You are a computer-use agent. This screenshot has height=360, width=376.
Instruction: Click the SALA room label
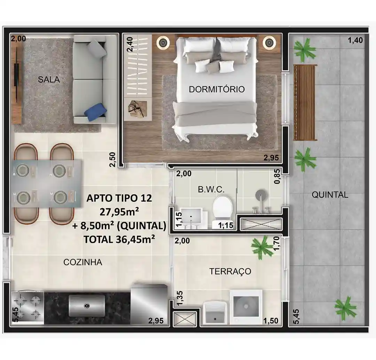49,79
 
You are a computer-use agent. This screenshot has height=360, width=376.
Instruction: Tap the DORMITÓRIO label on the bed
217,89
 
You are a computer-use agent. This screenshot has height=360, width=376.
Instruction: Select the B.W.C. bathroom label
211,190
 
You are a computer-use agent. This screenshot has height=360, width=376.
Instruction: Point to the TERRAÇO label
230,271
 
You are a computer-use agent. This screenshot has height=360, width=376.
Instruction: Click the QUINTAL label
330,194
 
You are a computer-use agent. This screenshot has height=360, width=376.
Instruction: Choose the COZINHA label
83,262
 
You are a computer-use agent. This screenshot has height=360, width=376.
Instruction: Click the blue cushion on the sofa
95,112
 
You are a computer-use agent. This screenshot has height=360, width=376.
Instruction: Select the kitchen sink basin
87,305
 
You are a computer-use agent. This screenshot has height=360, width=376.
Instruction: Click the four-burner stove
28,307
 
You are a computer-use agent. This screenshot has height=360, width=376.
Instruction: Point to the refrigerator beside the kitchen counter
149,304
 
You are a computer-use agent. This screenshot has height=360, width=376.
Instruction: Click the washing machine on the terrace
246,307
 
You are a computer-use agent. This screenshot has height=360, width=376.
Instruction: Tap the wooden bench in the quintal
305,103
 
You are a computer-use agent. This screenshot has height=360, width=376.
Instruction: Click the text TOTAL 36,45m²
119,239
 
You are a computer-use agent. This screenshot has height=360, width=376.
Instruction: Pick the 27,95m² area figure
119,212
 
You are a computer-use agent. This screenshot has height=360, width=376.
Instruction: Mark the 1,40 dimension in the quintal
355,40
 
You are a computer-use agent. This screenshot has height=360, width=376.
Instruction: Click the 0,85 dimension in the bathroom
277,176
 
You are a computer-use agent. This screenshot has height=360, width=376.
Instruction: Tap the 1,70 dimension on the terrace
276,243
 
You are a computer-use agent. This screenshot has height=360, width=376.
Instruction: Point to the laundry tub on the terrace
215,313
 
